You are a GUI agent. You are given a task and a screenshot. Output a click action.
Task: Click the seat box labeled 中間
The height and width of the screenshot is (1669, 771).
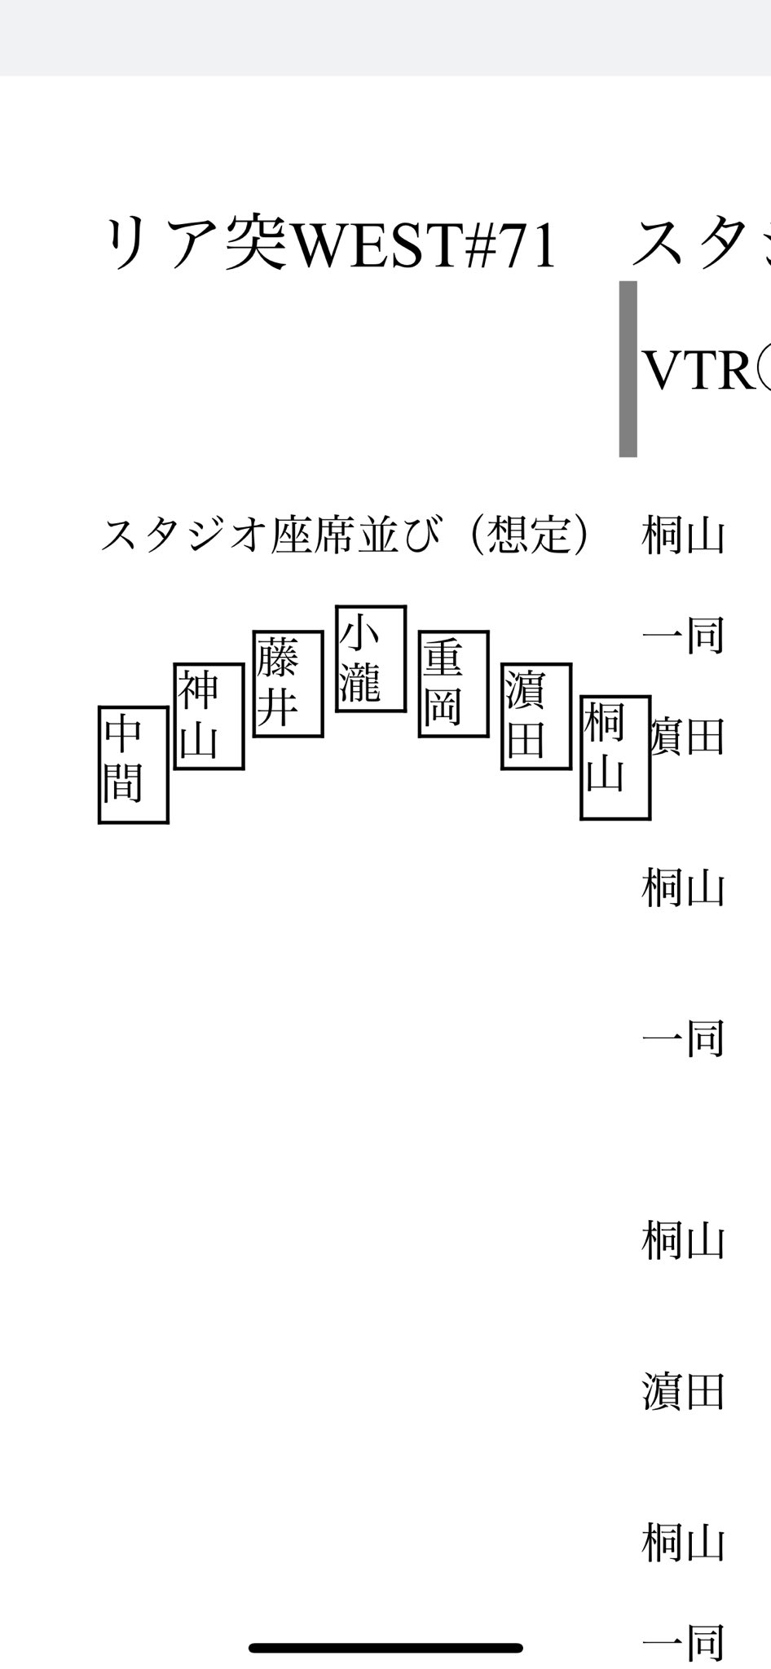click(x=133, y=764)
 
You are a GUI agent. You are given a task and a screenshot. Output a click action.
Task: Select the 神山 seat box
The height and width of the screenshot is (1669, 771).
click(x=209, y=716)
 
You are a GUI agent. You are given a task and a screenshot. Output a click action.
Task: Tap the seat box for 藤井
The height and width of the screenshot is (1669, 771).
click(x=288, y=684)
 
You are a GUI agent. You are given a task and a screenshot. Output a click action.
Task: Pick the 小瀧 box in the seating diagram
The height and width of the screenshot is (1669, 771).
click(x=371, y=658)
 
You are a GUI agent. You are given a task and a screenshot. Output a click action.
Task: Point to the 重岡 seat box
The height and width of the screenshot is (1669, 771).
click(x=453, y=684)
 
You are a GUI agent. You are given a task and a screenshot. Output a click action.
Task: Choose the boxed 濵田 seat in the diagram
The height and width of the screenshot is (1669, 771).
click(x=535, y=716)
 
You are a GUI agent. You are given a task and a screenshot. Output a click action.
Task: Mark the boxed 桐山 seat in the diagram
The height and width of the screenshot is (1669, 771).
click(x=615, y=757)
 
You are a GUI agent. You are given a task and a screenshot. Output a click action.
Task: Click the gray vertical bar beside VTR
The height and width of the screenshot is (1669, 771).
click(x=628, y=368)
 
